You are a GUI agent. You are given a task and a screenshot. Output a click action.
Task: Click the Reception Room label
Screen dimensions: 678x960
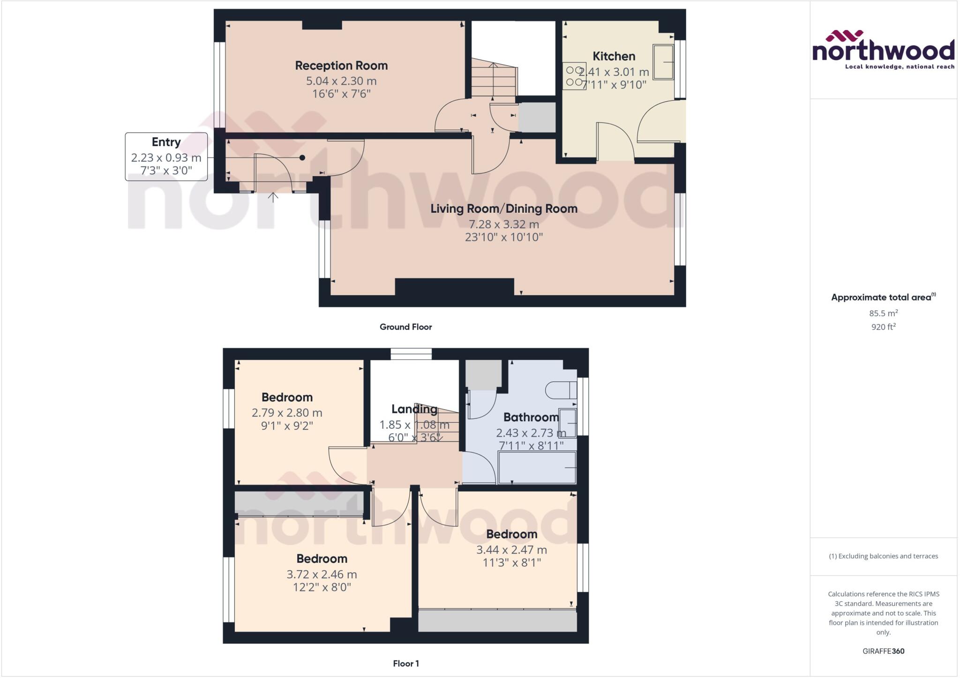coord(341,66)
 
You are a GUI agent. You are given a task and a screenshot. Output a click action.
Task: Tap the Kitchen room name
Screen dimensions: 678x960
coord(614,56)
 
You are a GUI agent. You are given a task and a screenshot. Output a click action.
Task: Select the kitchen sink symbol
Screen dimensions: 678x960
coord(663,62)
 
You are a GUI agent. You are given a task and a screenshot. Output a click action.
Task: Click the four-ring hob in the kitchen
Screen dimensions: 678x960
coord(574,76)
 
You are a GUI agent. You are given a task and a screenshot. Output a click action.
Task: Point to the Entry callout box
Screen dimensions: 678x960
coord(166,156)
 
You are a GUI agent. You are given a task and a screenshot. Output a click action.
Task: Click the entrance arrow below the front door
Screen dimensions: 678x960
coord(273,197)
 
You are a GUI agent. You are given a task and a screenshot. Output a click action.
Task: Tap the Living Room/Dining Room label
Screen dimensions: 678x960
coord(504,209)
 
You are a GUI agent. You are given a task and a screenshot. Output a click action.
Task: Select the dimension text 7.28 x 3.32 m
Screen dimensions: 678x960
coord(504,224)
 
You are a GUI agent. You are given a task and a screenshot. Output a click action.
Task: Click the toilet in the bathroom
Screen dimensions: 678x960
coord(561,390)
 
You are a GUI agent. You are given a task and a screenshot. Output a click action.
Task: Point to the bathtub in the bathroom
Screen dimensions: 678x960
coord(537,468)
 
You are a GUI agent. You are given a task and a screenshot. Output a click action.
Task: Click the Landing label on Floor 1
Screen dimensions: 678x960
coord(414,409)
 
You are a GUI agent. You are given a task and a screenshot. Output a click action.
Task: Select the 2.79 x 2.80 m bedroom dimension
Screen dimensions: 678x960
coord(287,413)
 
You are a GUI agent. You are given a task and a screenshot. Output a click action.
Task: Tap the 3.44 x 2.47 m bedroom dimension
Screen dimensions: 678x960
coord(511,550)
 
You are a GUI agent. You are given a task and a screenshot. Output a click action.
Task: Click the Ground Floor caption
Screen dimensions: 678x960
coord(405,327)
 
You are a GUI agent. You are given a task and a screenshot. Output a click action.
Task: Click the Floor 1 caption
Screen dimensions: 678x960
coord(405,663)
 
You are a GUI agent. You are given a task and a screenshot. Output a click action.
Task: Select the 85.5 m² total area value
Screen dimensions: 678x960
coord(883,313)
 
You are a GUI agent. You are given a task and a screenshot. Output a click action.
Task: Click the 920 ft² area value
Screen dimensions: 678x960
coord(883,327)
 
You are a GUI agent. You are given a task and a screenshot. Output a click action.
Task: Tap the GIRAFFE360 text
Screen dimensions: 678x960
coord(883,651)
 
